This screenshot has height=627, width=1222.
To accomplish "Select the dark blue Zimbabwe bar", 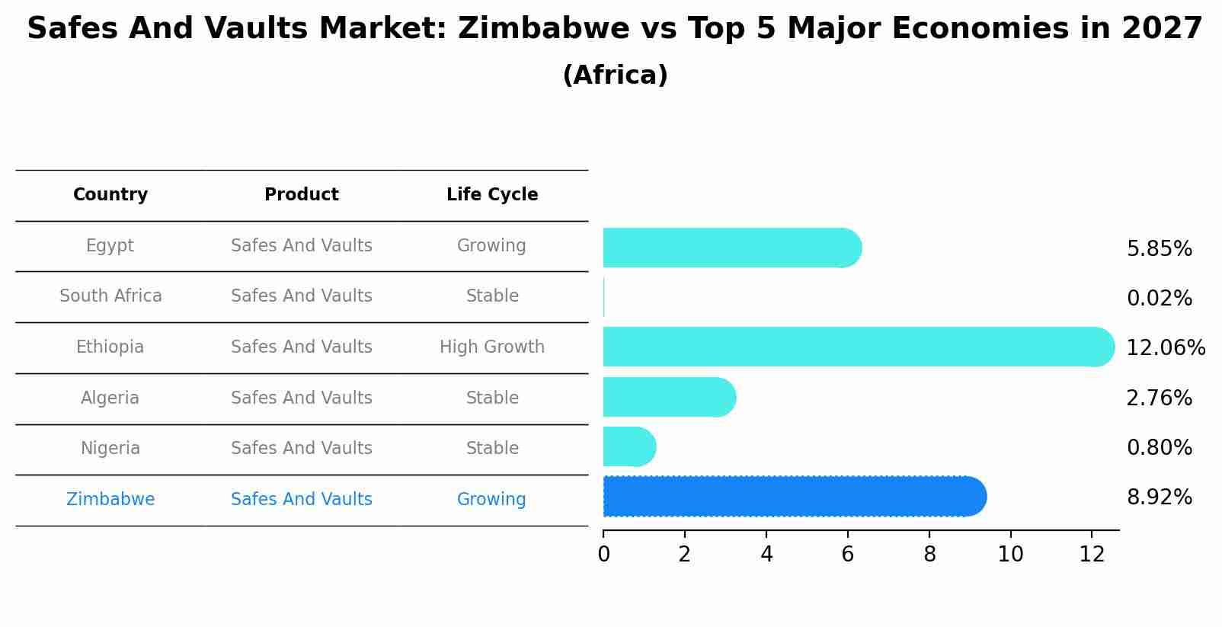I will point(792,497).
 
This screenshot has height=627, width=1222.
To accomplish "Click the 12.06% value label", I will point(1165,348).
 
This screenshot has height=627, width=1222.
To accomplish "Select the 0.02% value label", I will point(1159,299).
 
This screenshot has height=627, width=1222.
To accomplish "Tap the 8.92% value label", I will point(1159,497).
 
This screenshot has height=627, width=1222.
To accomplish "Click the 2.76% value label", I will point(1159,398).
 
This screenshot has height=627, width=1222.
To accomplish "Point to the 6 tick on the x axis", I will point(847,555).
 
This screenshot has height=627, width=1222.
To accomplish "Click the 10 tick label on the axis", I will point(1010,555).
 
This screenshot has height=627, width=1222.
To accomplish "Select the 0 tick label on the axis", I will point(603,555).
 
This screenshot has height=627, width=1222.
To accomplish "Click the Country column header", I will point(110,195).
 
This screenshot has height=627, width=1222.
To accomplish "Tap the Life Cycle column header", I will point(492,195).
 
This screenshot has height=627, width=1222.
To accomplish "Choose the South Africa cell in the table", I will point(110,296).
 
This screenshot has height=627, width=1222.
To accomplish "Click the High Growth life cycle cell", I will point(492,347).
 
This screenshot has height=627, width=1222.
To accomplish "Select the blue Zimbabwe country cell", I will point(110,500).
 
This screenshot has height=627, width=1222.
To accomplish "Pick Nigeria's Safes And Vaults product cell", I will point(302,449).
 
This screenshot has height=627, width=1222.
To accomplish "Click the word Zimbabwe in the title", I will point(543,29).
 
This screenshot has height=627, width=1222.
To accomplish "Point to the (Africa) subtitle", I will point(615,75).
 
